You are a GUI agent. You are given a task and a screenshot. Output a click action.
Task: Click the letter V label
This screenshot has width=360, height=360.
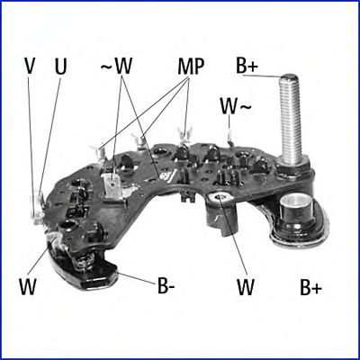pos(29,67)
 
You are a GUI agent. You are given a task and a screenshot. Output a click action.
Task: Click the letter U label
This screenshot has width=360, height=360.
pos(60,67)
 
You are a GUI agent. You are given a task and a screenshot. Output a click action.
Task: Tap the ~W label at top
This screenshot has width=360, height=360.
pos(116,67)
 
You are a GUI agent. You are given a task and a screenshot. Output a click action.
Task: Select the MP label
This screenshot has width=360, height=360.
pos(191,67)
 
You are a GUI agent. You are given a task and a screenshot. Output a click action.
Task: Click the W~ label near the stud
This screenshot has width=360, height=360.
pos(235,106)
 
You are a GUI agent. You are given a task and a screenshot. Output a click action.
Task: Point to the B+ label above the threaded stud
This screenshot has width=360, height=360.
pos(247,67)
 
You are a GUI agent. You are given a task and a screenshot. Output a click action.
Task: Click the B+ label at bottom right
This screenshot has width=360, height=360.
pos(310,287)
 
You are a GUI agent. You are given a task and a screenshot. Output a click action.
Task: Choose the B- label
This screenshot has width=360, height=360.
pos(166,286)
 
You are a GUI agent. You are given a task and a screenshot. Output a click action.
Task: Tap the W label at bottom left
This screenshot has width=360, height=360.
pos(28,286)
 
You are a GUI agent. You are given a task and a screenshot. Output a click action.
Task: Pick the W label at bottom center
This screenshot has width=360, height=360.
pos(246,286)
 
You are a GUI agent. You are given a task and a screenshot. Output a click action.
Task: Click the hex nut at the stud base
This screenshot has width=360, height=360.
pos(292,166)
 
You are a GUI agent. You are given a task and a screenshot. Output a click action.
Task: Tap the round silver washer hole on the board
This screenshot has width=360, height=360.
pos(220,198)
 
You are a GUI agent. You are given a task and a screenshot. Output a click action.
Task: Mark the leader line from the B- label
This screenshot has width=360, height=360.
pos(137,278)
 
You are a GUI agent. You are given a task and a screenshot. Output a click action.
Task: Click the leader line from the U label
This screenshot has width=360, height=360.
pos(49,134)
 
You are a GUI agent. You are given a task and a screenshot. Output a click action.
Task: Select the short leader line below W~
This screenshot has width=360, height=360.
pos(229,126)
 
